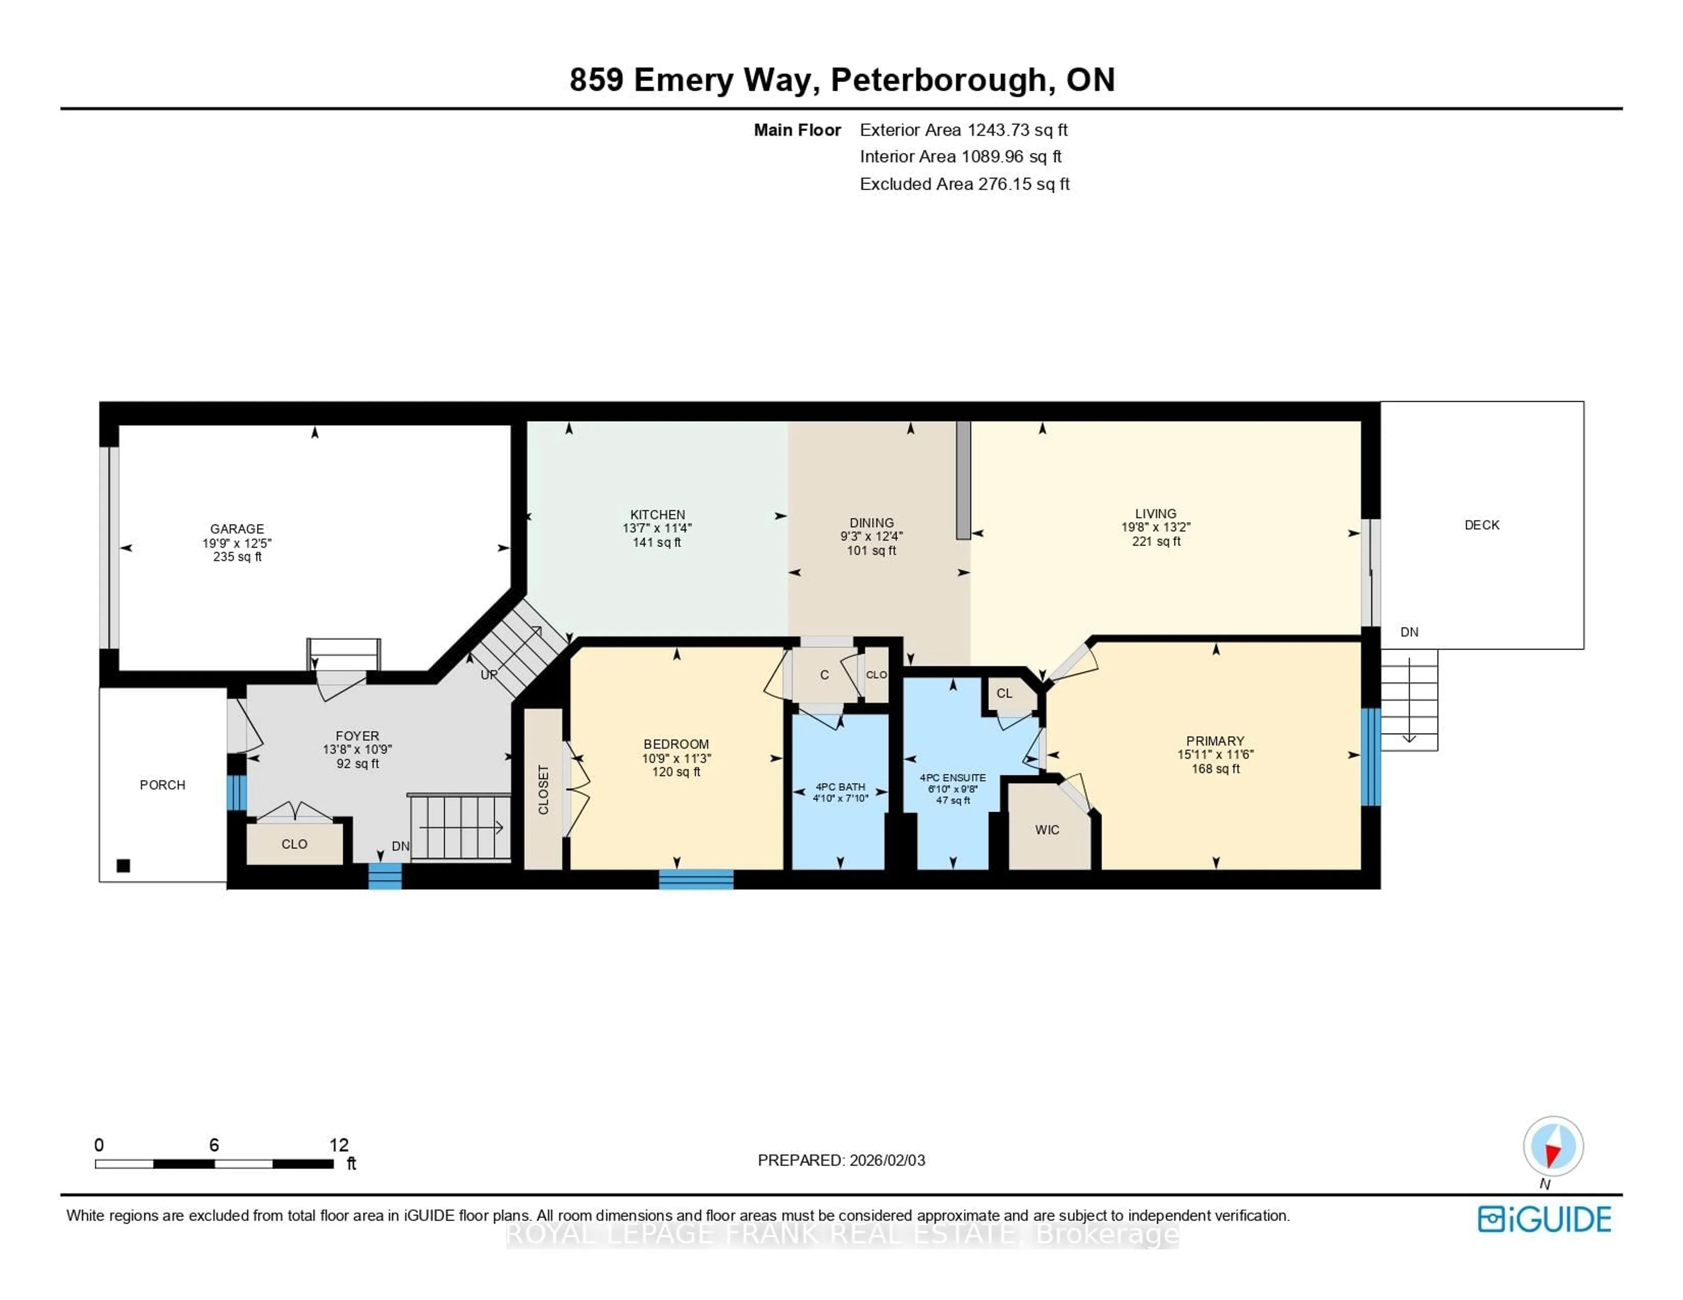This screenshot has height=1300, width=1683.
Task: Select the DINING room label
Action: tap(872, 522)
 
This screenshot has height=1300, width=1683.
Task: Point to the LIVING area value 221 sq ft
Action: tap(1155, 541)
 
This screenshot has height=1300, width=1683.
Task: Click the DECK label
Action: tap(1481, 525)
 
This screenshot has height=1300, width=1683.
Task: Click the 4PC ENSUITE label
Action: tap(952, 778)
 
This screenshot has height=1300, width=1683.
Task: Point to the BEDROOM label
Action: tap(676, 744)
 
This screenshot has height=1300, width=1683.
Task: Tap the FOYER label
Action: tap(357, 736)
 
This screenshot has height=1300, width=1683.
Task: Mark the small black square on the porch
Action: tap(123, 865)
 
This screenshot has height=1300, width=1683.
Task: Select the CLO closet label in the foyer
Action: tap(295, 844)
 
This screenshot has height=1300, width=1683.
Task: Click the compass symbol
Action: tap(1553, 1146)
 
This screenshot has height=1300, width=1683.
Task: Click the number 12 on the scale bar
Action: tap(338, 1145)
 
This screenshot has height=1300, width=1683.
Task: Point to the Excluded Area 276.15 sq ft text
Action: tap(964, 184)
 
